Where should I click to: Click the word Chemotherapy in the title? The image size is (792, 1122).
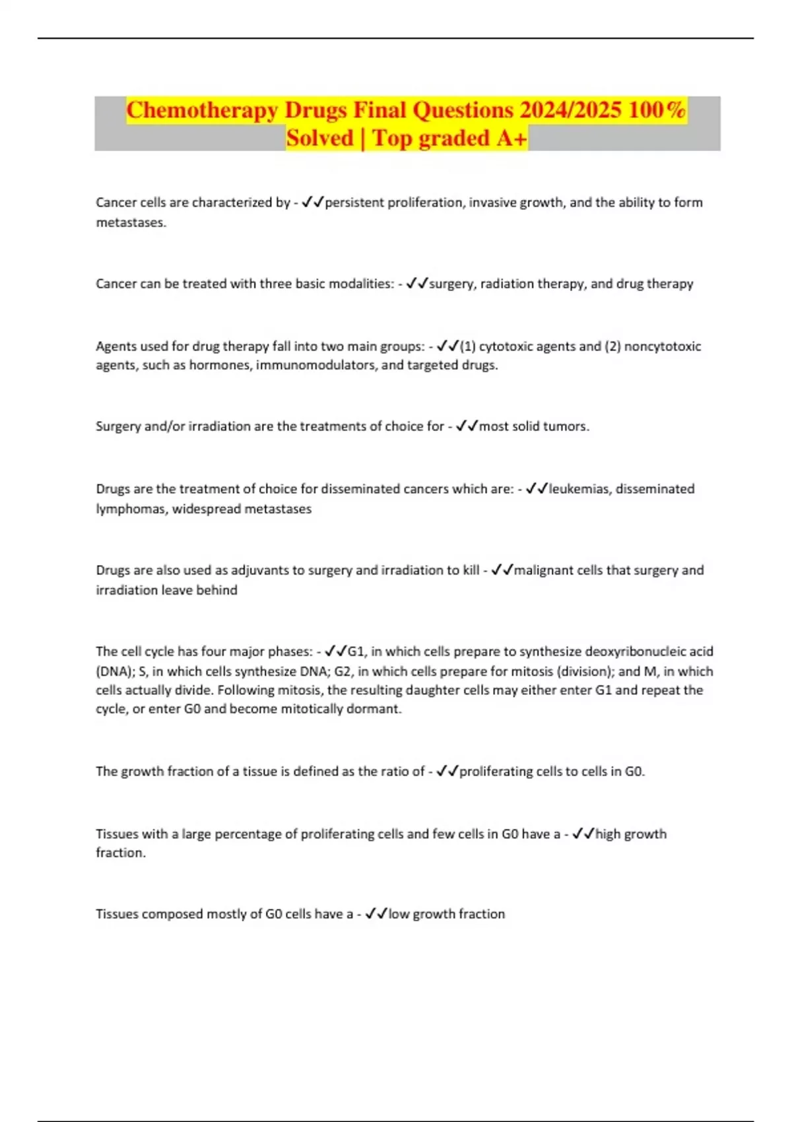[202, 110]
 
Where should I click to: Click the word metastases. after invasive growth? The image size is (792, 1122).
[131, 222]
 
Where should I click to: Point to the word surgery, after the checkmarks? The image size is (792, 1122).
[453, 284]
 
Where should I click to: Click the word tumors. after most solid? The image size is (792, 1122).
[566, 426]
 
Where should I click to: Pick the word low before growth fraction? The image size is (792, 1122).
[399, 914]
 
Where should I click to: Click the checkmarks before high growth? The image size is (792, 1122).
[583, 834]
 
